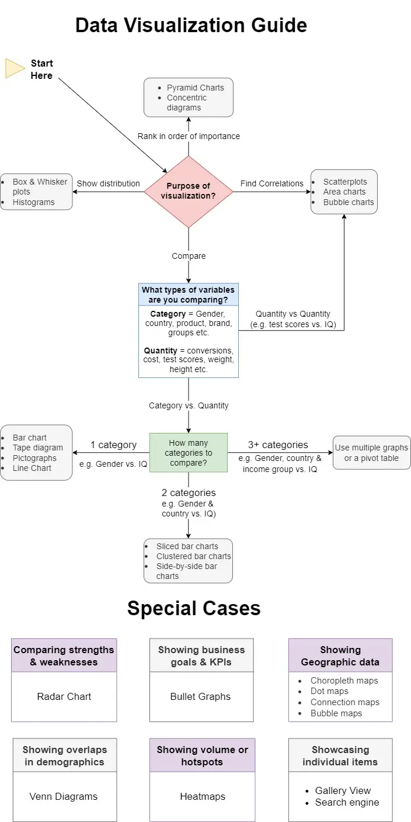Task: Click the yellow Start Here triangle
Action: (15, 68)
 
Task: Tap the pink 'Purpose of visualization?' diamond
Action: (188, 192)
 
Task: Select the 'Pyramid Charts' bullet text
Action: (195, 88)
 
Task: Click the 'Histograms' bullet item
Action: (34, 202)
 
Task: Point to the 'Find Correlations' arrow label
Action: (271, 183)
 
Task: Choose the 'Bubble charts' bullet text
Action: (349, 202)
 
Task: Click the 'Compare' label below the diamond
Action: (189, 256)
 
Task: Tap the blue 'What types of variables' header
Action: (188, 295)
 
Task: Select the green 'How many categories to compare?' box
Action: (188, 453)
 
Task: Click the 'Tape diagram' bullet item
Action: (38, 448)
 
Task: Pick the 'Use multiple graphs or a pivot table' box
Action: (371, 453)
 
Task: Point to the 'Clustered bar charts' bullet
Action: (193, 556)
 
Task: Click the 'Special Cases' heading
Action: (194, 608)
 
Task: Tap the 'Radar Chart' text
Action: (64, 696)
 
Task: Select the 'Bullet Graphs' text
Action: (200, 696)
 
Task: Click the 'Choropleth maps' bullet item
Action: (344, 681)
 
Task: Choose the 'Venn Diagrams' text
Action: (64, 796)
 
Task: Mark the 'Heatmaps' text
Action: (202, 796)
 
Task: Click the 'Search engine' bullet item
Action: (347, 802)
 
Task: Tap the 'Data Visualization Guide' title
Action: (191, 26)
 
